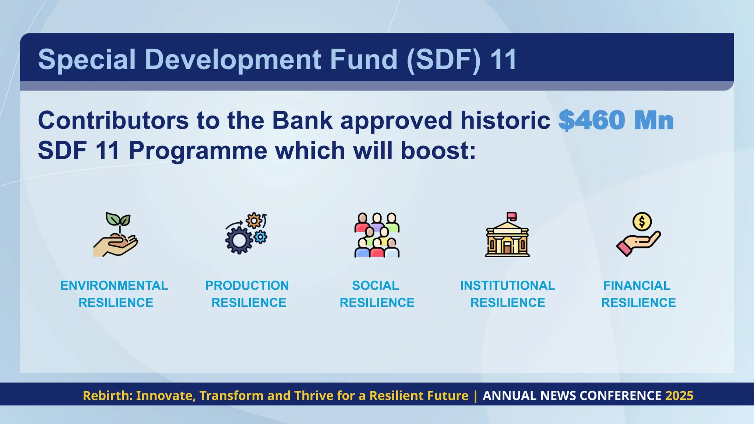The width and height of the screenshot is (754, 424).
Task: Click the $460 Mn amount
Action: (616, 120)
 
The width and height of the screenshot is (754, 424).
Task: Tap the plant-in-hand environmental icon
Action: (116, 235)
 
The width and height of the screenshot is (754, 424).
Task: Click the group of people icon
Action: (377, 235)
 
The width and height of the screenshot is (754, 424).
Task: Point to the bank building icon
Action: (507, 236)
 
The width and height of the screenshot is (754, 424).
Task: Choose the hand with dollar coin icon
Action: (638, 235)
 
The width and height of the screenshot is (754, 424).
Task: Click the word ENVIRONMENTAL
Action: (114, 286)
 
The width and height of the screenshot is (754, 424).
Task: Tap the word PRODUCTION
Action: (247, 286)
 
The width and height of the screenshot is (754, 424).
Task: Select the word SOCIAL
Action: (376, 286)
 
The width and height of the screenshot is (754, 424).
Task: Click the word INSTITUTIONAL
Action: (507, 286)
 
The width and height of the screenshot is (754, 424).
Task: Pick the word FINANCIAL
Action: (637, 286)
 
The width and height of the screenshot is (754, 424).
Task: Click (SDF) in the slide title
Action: (444, 59)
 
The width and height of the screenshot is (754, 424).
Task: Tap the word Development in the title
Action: (234, 59)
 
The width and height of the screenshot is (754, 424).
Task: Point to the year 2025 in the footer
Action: (679, 396)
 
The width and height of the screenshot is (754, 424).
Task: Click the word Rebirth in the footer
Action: (107, 396)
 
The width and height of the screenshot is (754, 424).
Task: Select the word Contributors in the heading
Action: (113, 120)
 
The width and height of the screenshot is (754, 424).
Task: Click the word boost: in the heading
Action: (438, 151)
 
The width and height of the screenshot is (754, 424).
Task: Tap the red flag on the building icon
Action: (512, 216)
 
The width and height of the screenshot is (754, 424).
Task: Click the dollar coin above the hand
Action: (642, 222)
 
